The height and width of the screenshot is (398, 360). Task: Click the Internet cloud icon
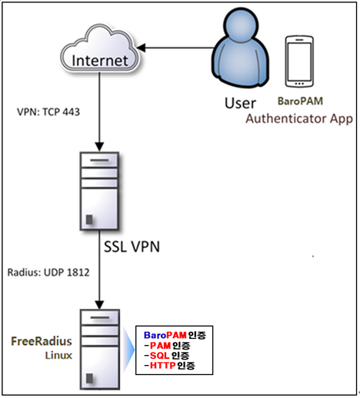(x=99, y=48)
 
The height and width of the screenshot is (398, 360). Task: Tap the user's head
(x=240, y=25)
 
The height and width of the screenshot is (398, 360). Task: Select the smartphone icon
(x=299, y=61)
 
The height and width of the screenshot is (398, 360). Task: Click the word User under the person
(x=240, y=103)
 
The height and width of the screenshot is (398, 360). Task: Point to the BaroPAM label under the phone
(x=300, y=101)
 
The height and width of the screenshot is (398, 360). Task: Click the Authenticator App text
(x=299, y=119)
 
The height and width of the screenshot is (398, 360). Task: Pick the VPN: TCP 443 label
(x=48, y=112)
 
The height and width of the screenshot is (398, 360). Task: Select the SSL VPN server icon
(x=99, y=191)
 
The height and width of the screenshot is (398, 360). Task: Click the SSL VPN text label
(x=132, y=247)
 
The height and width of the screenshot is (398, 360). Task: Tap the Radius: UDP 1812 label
(x=48, y=272)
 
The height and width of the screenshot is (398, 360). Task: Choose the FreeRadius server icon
(x=99, y=349)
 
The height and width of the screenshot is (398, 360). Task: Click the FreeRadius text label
(x=42, y=341)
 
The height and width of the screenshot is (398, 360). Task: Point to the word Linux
(x=58, y=355)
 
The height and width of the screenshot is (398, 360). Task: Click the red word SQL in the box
(x=159, y=356)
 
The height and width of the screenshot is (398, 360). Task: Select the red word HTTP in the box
(x=162, y=366)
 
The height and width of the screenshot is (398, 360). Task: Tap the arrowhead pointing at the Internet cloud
(x=141, y=48)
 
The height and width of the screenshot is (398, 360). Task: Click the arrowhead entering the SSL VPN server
(x=99, y=147)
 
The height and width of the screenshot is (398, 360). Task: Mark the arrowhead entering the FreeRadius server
(x=99, y=304)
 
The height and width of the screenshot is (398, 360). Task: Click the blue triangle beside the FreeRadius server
(x=128, y=350)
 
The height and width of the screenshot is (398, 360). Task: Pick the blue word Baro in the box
(x=155, y=335)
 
